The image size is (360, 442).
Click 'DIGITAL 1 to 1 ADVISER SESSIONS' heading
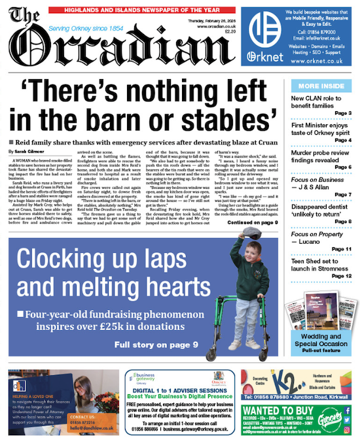(x=179, y=390)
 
